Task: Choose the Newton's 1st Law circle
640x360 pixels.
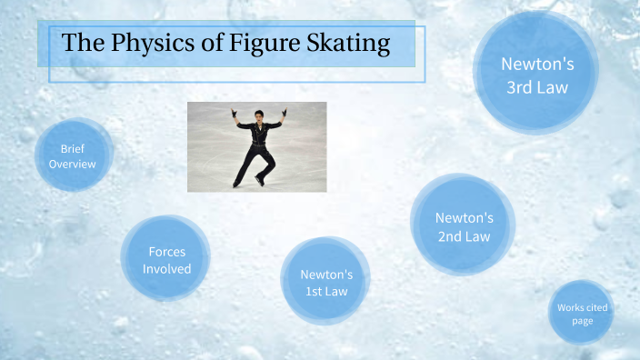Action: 325,282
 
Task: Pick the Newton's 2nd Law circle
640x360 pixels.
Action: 464,226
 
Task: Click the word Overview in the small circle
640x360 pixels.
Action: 73,165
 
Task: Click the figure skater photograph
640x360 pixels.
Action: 256,146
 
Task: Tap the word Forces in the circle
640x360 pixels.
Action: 167,251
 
